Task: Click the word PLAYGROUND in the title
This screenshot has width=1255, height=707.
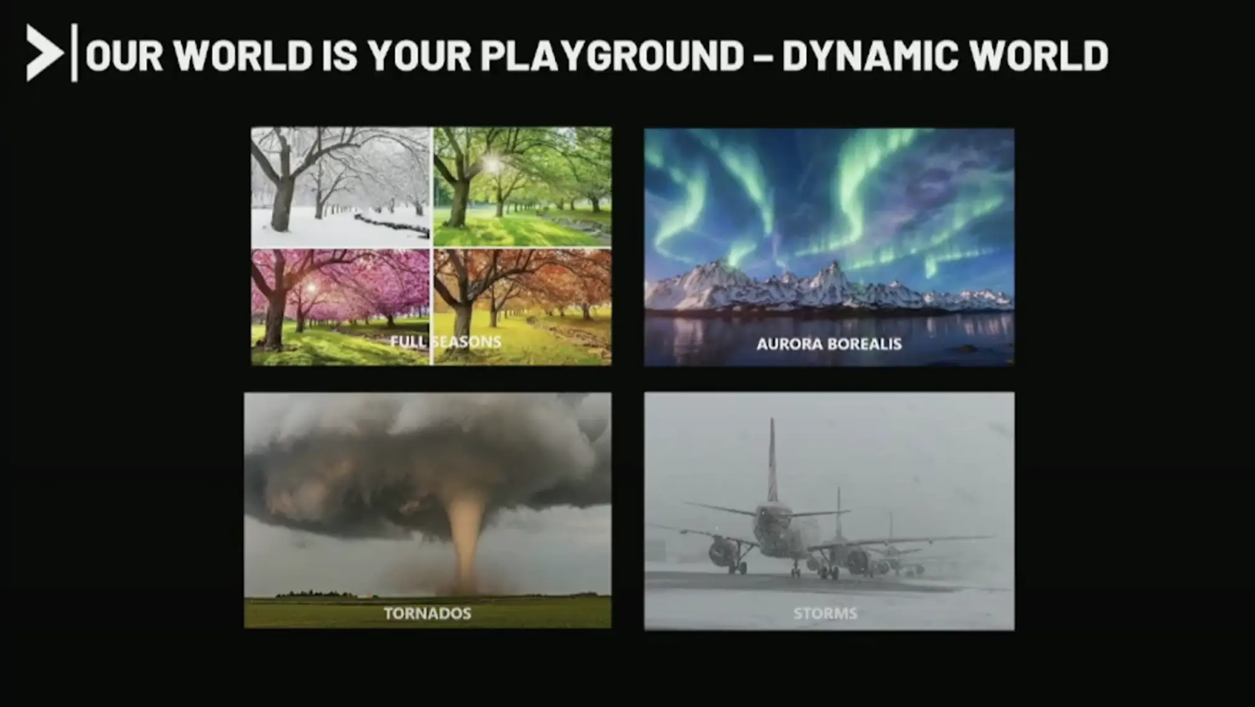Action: (x=612, y=55)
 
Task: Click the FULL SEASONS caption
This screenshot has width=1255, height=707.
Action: (x=445, y=342)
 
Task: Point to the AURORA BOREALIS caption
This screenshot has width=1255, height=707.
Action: (x=829, y=344)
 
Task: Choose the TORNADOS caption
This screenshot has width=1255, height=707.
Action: (x=427, y=614)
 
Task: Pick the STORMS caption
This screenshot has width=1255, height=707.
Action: (x=825, y=614)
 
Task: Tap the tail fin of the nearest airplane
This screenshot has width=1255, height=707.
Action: (x=773, y=461)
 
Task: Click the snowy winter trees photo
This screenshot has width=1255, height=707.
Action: (x=340, y=187)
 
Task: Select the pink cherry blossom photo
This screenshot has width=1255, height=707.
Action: (x=340, y=307)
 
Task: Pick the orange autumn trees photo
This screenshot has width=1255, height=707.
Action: (x=522, y=307)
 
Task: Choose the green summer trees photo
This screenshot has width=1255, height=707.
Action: (x=522, y=187)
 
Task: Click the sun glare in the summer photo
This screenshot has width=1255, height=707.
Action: (x=491, y=164)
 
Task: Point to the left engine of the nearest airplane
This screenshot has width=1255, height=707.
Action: (x=723, y=550)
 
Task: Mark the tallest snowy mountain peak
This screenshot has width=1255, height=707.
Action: (x=833, y=269)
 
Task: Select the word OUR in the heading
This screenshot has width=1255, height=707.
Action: (x=124, y=55)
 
